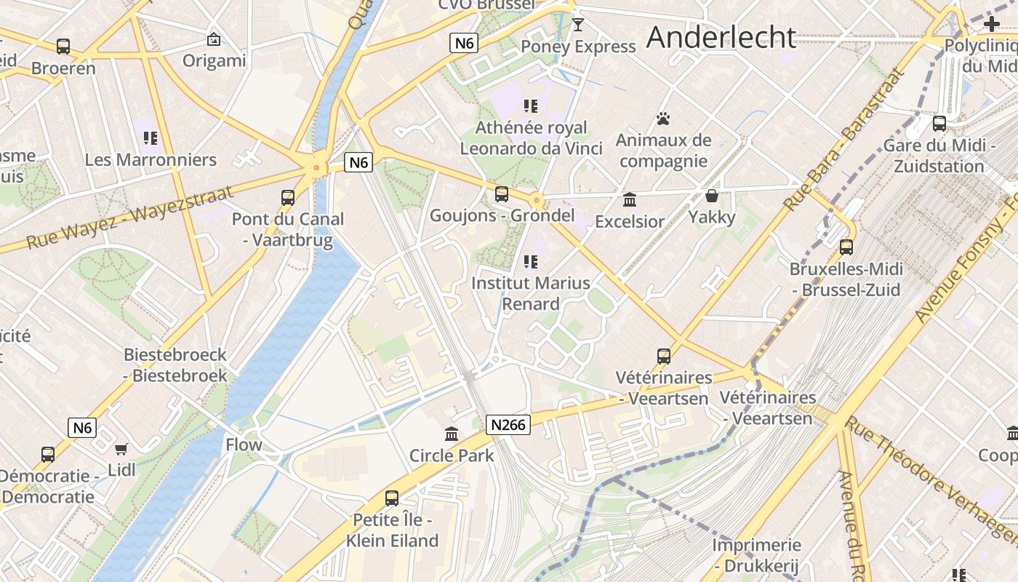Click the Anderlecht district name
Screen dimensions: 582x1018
(x=721, y=37)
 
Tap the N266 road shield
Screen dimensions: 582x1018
(x=508, y=425)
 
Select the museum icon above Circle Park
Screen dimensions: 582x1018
(x=452, y=434)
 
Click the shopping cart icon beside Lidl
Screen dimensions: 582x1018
(x=121, y=450)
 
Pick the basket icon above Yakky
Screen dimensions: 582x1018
(x=712, y=196)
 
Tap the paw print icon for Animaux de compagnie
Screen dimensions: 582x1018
(x=662, y=119)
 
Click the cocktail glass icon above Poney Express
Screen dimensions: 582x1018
(x=578, y=25)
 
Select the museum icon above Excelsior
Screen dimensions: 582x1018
(x=630, y=199)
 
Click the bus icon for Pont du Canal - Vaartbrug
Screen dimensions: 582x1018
(x=288, y=197)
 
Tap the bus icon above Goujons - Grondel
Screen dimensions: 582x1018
(x=502, y=194)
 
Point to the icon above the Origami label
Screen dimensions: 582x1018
(x=214, y=39)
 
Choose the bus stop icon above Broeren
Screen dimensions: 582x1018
(x=63, y=47)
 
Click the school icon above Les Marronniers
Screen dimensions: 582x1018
(x=151, y=137)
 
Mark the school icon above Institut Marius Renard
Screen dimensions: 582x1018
(x=531, y=261)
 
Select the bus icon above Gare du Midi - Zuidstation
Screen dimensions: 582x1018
(x=939, y=124)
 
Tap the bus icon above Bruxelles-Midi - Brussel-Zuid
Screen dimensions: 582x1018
(x=846, y=247)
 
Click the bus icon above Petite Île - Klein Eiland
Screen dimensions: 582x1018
(x=392, y=498)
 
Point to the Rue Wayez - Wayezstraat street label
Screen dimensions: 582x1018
(x=131, y=216)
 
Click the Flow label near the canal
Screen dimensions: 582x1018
(x=244, y=445)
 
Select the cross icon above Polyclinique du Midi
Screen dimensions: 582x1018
(x=991, y=23)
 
